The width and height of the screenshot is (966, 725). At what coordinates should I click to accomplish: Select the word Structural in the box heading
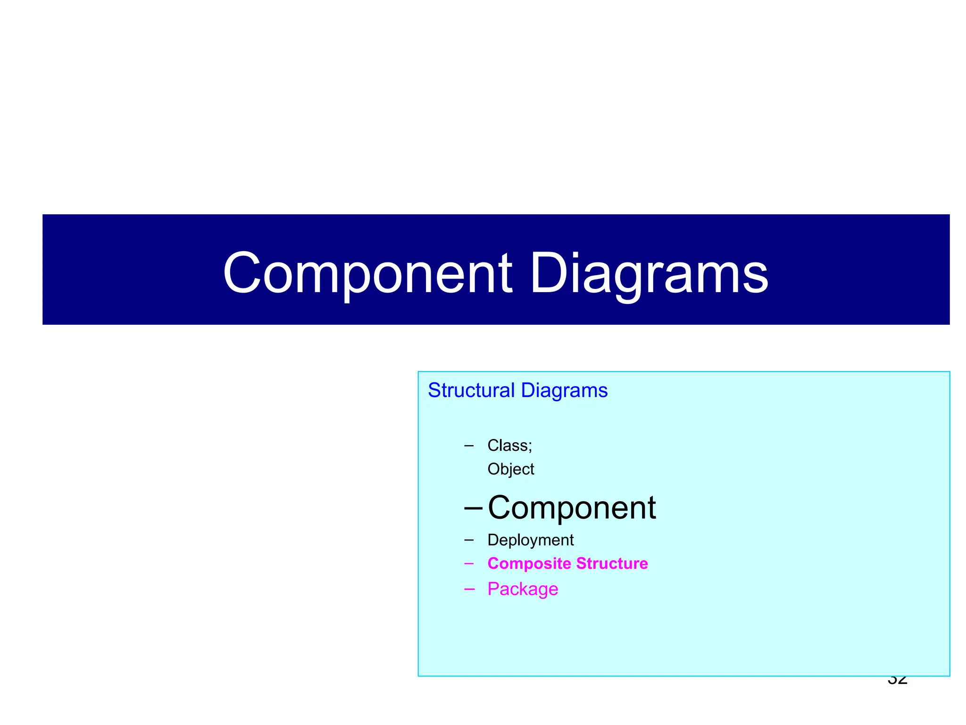click(471, 390)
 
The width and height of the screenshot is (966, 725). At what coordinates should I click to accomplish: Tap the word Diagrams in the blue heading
click(564, 390)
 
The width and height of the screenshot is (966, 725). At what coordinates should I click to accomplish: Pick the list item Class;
click(509, 445)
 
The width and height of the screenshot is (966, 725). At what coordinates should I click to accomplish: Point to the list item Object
click(511, 469)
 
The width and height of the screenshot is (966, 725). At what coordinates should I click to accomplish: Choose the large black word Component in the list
click(572, 508)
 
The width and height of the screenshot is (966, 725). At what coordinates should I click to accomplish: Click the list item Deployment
click(531, 540)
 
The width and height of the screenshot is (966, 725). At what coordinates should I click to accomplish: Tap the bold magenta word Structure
click(612, 563)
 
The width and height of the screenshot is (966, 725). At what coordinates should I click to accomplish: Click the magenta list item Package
click(523, 589)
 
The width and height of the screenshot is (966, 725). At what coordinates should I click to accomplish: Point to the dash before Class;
click(469, 445)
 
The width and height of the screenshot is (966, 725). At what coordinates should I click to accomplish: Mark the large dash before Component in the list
click(473, 508)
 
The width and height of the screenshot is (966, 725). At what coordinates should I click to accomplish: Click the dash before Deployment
click(469, 540)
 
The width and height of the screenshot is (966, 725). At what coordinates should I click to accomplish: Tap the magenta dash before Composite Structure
click(469, 563)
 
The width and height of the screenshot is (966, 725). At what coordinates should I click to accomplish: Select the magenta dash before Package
click(469, 589)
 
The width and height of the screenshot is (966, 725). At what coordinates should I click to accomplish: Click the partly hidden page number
click(897, 681)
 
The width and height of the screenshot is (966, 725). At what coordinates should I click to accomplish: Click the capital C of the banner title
click(241, 274)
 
